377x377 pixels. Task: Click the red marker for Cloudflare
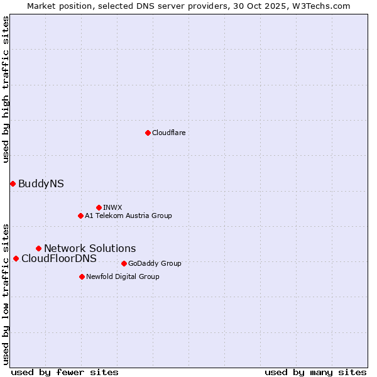coord(148,133)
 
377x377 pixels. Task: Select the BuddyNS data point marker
coord(13,183)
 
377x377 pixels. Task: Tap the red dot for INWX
coord(99,207)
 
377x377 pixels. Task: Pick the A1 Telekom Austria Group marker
coord(80,216)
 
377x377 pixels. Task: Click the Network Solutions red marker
coord(38,248)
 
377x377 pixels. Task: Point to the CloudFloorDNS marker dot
coord(16,258)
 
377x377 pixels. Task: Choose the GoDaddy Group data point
coord(124,263)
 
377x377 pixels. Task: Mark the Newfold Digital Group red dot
coord(82,276)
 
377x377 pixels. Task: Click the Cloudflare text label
coord(168,133)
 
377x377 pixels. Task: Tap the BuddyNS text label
coord(41,183)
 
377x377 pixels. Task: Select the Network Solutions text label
coord(90,248)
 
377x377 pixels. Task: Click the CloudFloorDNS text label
coord(59,258)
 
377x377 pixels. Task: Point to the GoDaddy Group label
coord(155,263)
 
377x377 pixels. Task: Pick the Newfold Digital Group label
coord(123,276)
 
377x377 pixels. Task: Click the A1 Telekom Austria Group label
coord(128,216)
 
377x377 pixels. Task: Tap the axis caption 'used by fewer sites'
coord(65,372)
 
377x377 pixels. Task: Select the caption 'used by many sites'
coord(315,372)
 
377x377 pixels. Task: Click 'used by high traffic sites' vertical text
coord(6,89)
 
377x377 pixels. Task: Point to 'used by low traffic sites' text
coord(6,293)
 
